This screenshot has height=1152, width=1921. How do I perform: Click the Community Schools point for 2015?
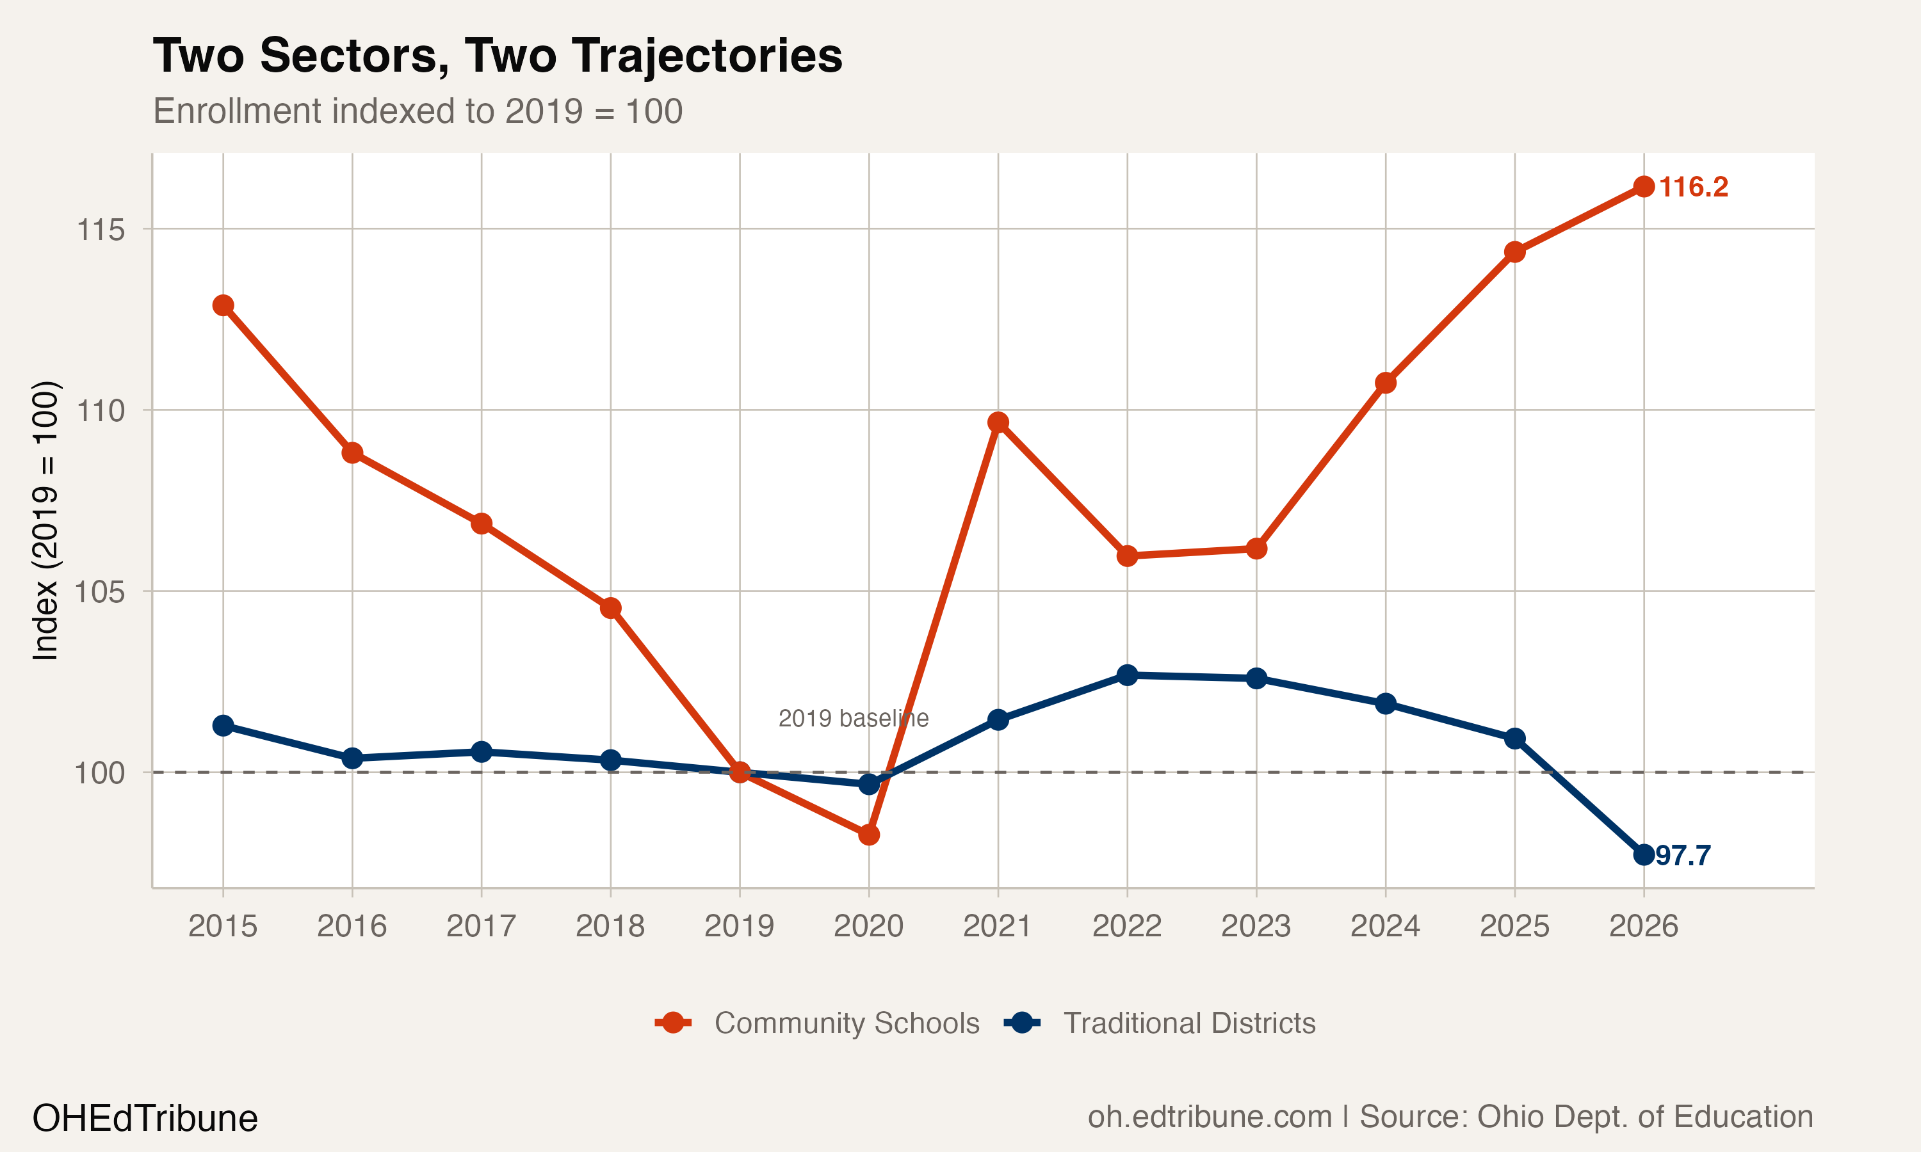tap(223, 305)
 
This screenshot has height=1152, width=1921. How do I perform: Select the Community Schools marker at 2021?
tap(998, 422)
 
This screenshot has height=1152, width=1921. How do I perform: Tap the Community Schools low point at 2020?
tap(869, 835)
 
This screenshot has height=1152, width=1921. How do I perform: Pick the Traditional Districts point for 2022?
tap(1126, 675)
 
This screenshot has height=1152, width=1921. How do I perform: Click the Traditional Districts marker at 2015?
tap(223, 726)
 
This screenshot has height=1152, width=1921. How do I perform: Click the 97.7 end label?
tap(1683, 856)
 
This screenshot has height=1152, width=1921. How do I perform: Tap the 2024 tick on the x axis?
tap(1384, 926)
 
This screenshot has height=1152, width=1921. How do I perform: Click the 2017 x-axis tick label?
tap(481, 926)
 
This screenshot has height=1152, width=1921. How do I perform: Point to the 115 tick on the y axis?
tap(100, 230)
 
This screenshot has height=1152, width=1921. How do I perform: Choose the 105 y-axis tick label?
tap(100, 592)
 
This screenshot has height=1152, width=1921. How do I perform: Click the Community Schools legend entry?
tap(846, 1023)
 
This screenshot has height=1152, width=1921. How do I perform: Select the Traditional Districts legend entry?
tap(1188, 1023)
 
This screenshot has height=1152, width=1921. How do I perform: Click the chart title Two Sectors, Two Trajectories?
tap(497, 56)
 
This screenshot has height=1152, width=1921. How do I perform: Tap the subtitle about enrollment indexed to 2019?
tap(417, 111)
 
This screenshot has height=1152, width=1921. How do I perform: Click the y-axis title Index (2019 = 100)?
tap(45, 520)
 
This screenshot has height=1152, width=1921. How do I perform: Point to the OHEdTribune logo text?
tap(145, 1119)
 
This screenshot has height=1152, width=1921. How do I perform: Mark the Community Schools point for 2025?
tap(1514, 252)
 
